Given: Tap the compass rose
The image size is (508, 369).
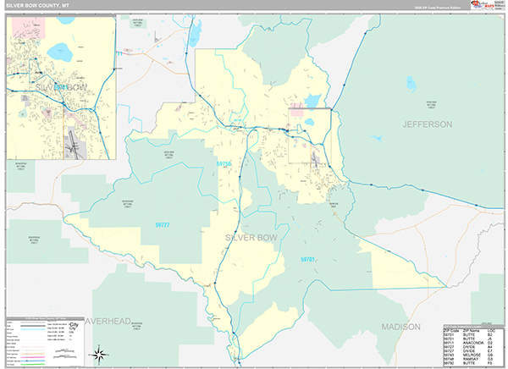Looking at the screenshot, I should [100, 353].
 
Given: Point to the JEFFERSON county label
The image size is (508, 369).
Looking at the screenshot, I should [428, 124].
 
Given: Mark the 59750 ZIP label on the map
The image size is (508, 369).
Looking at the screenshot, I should [224, 163].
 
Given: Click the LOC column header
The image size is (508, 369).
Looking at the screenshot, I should [490, 331].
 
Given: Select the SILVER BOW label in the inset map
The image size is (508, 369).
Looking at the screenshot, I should [59, 87].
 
